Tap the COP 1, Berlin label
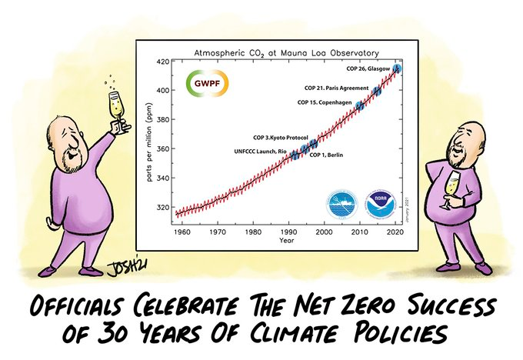point(326,155)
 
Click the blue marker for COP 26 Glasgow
point(397,69)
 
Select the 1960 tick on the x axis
point(182,231)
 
